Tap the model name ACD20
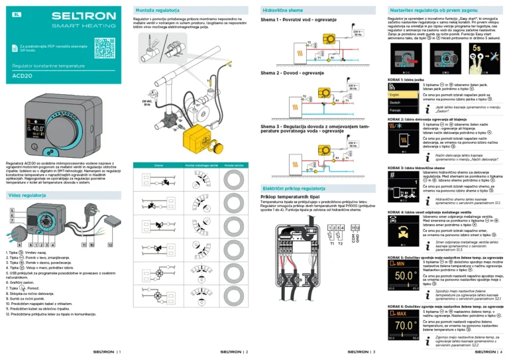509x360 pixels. [23, 76]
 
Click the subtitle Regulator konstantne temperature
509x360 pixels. [44, 66]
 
